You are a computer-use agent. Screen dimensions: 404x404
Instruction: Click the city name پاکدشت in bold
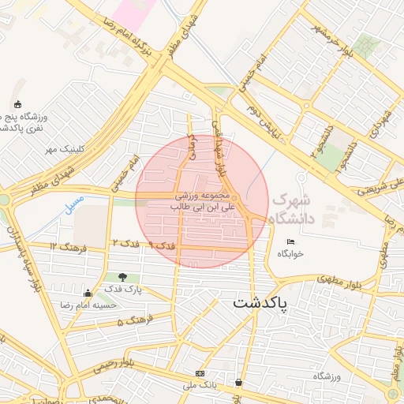click(x=261, y=303)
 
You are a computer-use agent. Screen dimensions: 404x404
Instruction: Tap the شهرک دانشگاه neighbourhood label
click(x=293, y=208)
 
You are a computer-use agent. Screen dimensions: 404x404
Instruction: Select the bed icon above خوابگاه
click(x=290, y=241)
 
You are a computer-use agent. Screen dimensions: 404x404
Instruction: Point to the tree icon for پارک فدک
click(x=122, y=277)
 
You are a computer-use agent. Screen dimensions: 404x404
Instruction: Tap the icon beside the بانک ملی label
click(x=200, y=373)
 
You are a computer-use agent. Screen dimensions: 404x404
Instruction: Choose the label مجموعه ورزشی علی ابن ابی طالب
click(x=200, y=200)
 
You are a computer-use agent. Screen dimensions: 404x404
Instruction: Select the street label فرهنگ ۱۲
click(x=63, y=247)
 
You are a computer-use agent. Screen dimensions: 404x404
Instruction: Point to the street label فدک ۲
click(x=125, y=242)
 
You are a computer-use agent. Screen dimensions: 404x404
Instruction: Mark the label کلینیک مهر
click(x=64, y=148)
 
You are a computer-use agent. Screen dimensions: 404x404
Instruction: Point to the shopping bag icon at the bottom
click(x=238, y=383)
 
